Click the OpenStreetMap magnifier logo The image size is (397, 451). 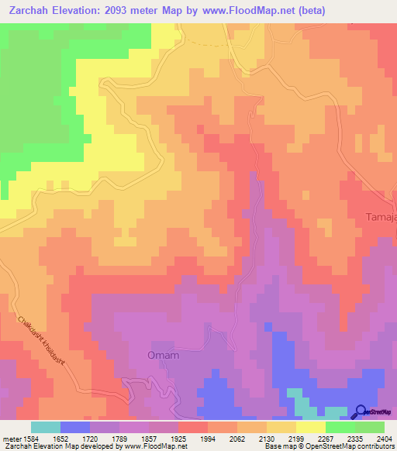click(x=361, y=411)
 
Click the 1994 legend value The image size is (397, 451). click(x=208, y=439)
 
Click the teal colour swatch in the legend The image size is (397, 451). click(x=46, y=427)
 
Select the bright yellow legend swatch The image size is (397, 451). click(x=311, y=427)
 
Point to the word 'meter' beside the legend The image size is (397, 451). click(x=12, y=439)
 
